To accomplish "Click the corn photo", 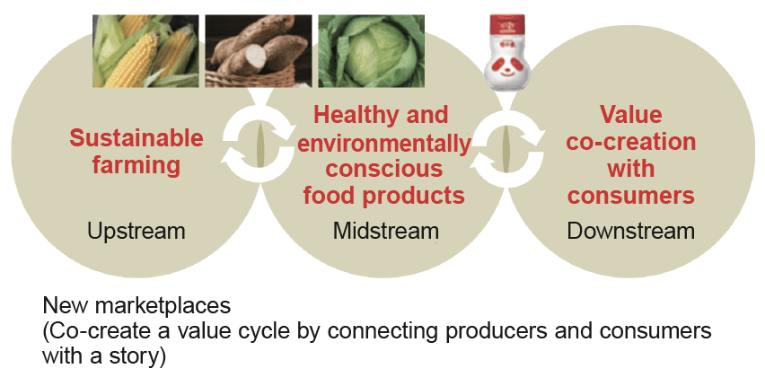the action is [145, 51].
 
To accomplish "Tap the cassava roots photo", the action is [259, 51].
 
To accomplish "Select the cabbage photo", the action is [372, 51].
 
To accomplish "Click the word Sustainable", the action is [136, 138].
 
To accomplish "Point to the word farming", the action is [136, 165].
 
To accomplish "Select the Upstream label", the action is [136, 231].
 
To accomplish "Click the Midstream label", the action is [386, 231].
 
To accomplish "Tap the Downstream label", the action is [631, 231].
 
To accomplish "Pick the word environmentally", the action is [384, 143].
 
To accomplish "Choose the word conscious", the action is [384, 169].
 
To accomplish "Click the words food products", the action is [384, 196].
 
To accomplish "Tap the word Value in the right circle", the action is [631, 115].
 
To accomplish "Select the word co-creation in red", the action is [631, 142].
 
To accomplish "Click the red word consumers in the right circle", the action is [631, 196].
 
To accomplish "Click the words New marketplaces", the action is [136, 306].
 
